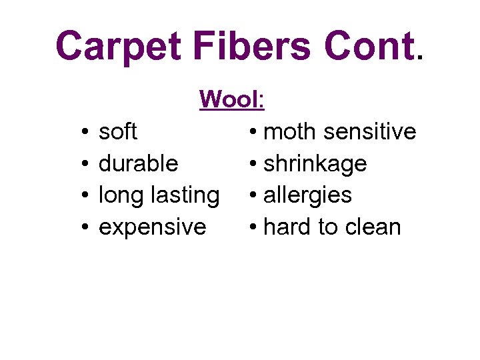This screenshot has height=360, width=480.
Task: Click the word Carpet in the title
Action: [x=117, y=47]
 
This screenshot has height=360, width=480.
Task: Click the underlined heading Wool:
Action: [x=232, y=99]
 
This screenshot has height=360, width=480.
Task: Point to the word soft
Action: [x=117, y=131]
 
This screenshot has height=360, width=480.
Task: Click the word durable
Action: [x=138, y=163]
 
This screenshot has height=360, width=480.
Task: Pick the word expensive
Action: [x=152, y=227]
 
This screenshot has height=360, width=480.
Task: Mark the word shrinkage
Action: [x=315, y=163]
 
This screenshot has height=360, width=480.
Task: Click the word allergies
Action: [x=307, y=195]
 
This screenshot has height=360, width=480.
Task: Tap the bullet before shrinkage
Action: [x=254, y=165]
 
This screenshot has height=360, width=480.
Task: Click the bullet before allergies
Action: [x=254, y=197]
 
